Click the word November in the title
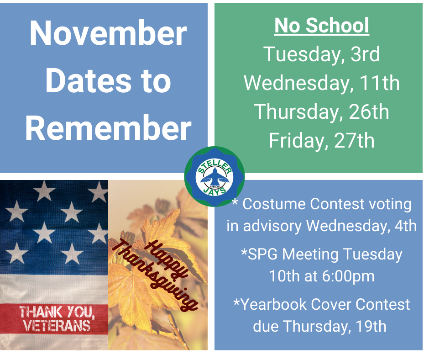(108, 33)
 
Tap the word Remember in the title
(108, 127)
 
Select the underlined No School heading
(322, 26)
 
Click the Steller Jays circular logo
(214, 176)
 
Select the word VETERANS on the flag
(57, 326)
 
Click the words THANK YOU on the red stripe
(57, 312)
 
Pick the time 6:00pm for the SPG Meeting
(348, 276)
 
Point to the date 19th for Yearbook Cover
(371, 326)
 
